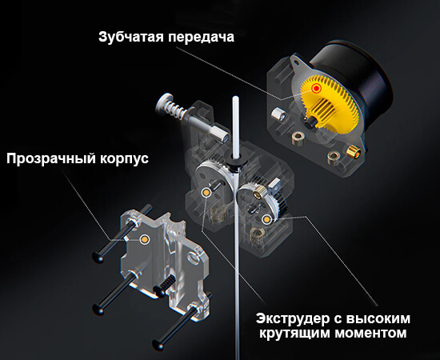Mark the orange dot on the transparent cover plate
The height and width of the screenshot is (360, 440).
tap(145, 238)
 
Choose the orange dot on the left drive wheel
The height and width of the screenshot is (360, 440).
tap(208, 193)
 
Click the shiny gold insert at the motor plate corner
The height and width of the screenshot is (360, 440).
tap(352, 151)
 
